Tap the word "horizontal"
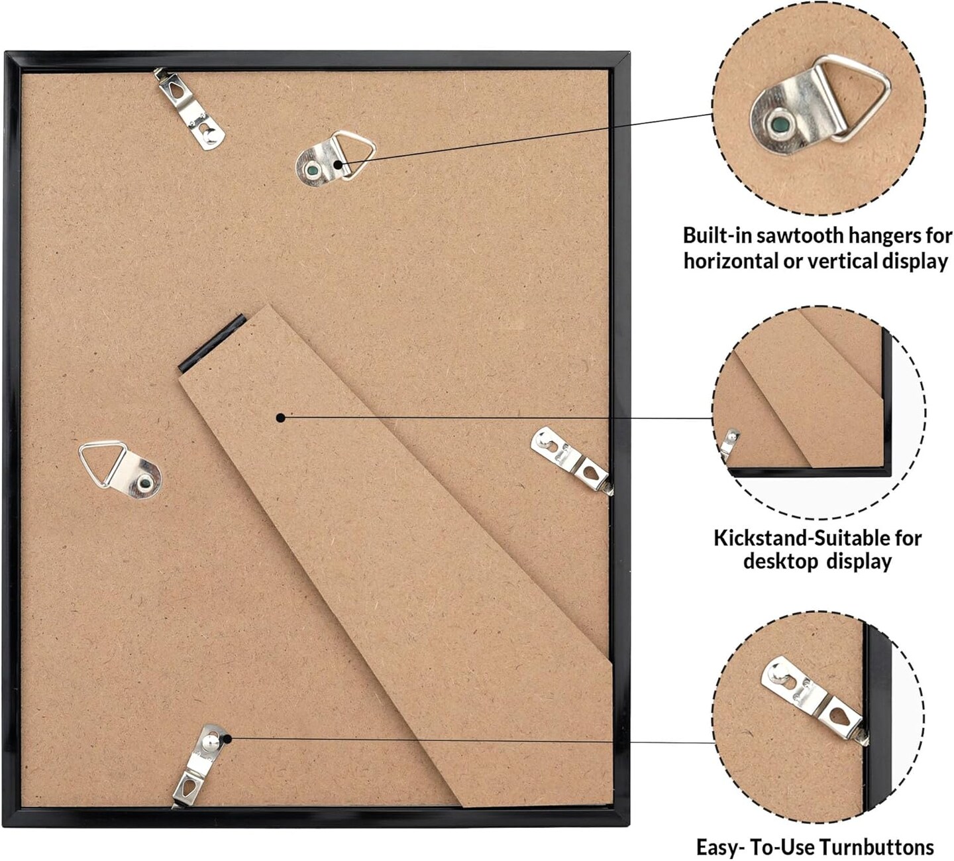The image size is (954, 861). click(x=731, y=261)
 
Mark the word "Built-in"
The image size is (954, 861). click(x=717, y=235)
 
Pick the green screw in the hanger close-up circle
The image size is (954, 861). click(x=780, y=125)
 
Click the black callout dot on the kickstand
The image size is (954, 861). click(x=281, y=418)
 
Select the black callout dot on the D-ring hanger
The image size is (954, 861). click(x=338, y=164)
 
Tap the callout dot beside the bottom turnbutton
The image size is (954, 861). click(x=227, y=738)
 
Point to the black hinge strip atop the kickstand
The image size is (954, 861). click(x=212, y=342)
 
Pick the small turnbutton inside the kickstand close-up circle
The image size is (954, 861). click(x=730, y=443)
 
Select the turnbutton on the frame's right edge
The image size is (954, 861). click(x=572, y=459)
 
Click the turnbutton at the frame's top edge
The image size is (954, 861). click(x=189, y=109)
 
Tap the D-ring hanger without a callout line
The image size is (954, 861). click(x=121, y=469)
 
